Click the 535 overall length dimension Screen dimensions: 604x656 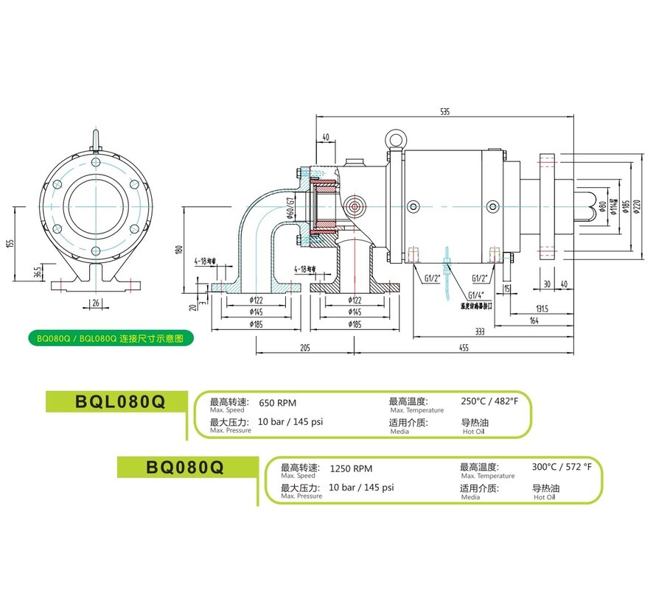444,112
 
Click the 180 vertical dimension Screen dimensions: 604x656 178,250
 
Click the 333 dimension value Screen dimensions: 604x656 479,332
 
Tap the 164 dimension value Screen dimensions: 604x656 534,321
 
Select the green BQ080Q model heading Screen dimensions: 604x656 186,466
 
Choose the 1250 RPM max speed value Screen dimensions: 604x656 350,468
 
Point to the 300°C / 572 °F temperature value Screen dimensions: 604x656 562,467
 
